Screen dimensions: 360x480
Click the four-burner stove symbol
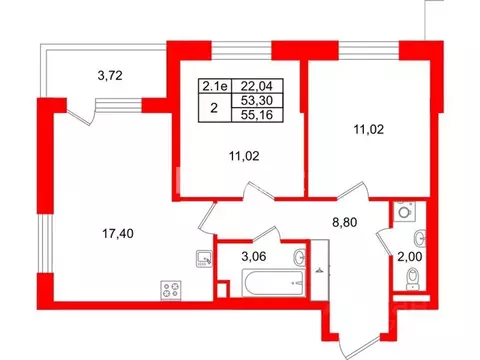(167, 291)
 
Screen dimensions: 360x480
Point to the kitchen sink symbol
(204, 259)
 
